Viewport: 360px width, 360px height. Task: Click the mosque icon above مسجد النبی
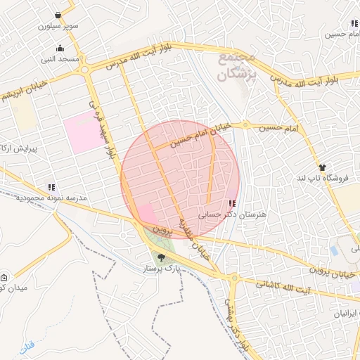[60, 49]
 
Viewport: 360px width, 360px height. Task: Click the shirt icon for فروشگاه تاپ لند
[322, 167]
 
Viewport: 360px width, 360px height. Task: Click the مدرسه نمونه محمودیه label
[53, 198]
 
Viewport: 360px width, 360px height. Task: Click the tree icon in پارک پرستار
[162, 257]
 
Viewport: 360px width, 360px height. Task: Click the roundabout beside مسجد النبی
[85, 69]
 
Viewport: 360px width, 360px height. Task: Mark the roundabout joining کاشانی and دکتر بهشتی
[233, 277]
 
